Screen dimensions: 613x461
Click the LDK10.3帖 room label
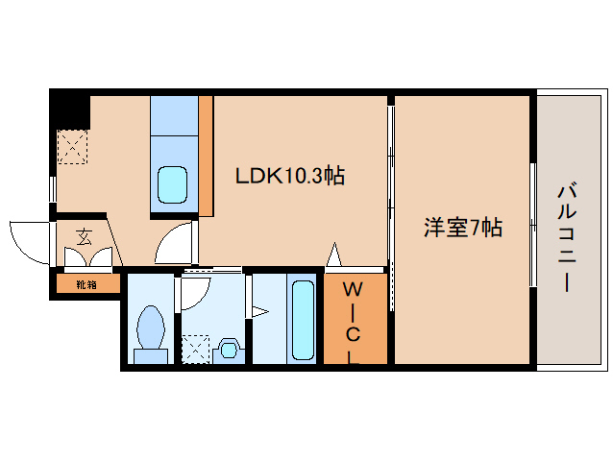290,176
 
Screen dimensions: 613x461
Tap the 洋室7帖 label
463,227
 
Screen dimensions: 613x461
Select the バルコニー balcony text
567,237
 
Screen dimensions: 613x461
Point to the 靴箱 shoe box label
86,285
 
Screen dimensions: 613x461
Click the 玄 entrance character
85,237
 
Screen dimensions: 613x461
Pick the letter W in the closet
353,289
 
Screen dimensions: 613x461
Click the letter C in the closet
353,334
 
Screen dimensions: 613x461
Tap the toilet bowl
151,328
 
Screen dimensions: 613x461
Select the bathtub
303,320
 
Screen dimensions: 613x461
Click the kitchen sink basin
172,184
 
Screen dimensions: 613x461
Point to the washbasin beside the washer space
229,349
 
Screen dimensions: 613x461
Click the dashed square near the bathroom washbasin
196,349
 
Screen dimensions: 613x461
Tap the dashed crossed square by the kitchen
72,147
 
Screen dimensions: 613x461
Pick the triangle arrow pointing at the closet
333,255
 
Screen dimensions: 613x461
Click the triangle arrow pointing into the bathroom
260,312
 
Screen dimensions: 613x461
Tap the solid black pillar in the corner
70,109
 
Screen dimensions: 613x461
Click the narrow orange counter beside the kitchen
206,157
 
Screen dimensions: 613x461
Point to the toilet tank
151,356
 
